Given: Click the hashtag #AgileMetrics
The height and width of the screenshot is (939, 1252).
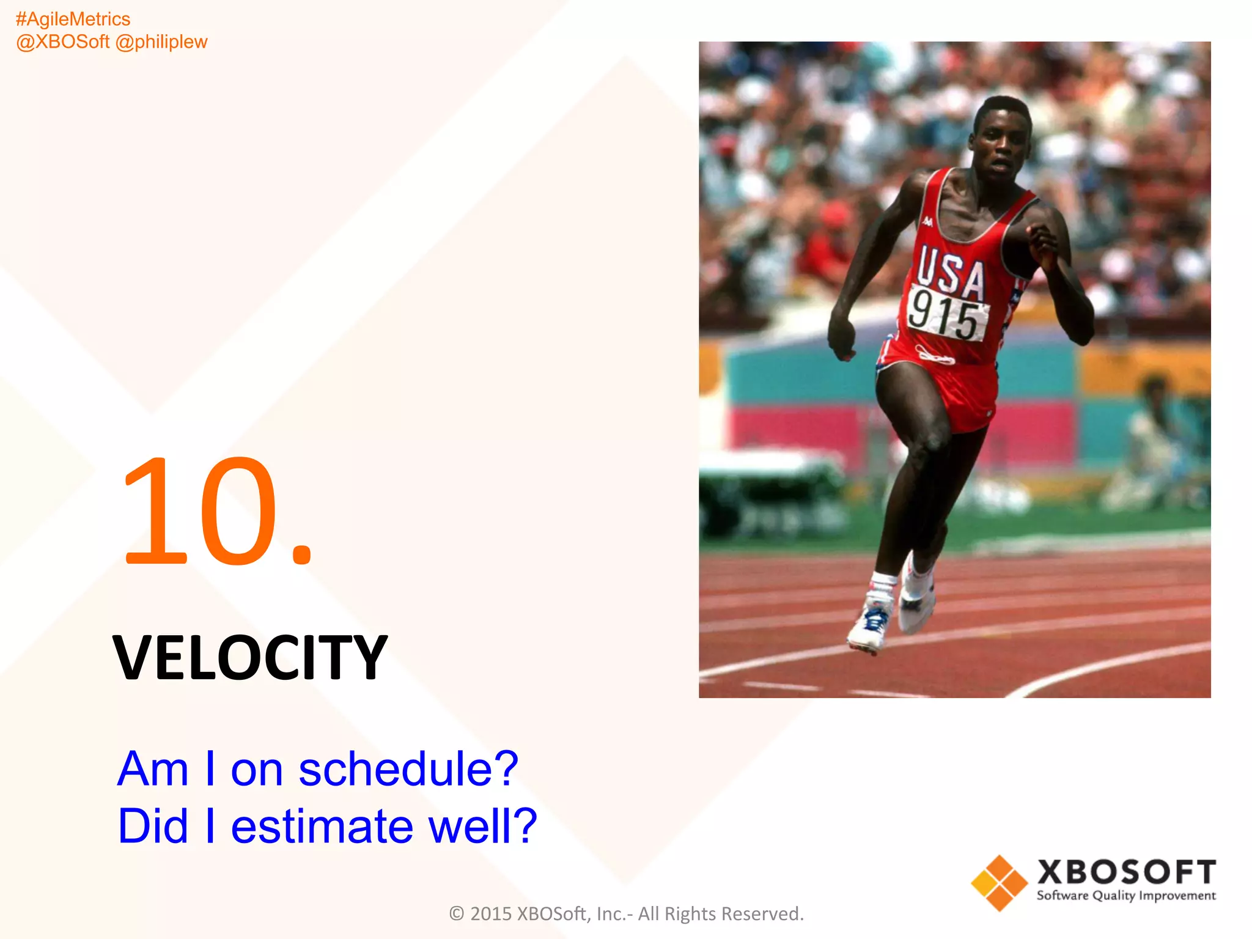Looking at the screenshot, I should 73,20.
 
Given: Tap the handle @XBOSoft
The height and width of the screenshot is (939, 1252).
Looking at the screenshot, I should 62,42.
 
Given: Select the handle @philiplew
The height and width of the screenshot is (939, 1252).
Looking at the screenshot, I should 162,42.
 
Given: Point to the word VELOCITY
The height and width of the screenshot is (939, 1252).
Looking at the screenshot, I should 250,658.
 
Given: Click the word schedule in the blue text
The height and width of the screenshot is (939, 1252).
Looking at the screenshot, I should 408,770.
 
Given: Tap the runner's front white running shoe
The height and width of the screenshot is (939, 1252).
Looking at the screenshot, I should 869,624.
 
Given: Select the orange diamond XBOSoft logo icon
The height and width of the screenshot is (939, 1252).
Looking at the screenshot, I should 999,883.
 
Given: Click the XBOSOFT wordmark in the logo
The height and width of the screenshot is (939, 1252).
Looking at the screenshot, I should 1126,872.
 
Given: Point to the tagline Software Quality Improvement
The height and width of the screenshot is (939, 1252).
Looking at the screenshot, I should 1126,896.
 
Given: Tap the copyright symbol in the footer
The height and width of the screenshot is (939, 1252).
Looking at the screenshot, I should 457,914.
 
